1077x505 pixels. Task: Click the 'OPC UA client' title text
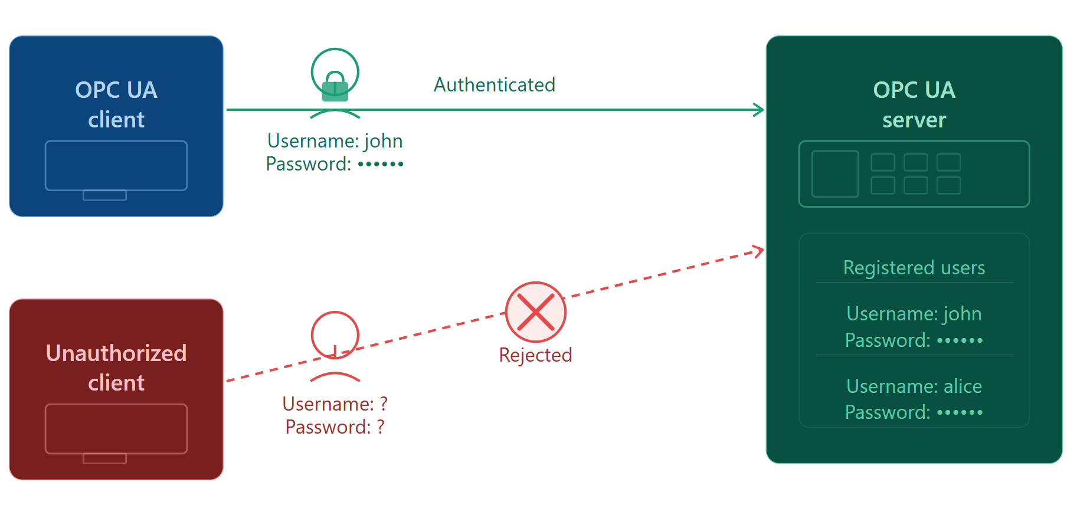116,104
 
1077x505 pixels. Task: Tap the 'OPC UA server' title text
914,104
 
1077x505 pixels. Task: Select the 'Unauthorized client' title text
116,368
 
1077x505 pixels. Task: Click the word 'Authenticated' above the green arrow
495,85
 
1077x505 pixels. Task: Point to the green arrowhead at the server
760,110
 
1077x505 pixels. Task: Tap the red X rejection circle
536,312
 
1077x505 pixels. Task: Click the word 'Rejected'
536,355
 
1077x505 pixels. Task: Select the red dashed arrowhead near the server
759,251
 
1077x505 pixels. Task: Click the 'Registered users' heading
914,268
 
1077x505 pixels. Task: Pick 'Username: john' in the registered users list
914,314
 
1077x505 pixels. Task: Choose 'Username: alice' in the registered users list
914,386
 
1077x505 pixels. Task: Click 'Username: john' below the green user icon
335,141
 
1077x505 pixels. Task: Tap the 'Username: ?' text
335,404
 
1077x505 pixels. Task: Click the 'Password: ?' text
335,427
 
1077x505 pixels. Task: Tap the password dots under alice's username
960,412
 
